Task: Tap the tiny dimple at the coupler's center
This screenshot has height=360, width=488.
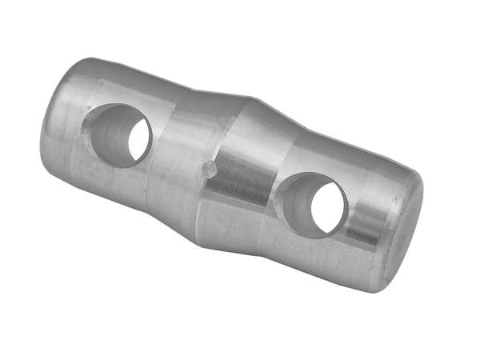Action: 210,170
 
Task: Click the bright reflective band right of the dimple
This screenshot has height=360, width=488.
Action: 232,176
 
